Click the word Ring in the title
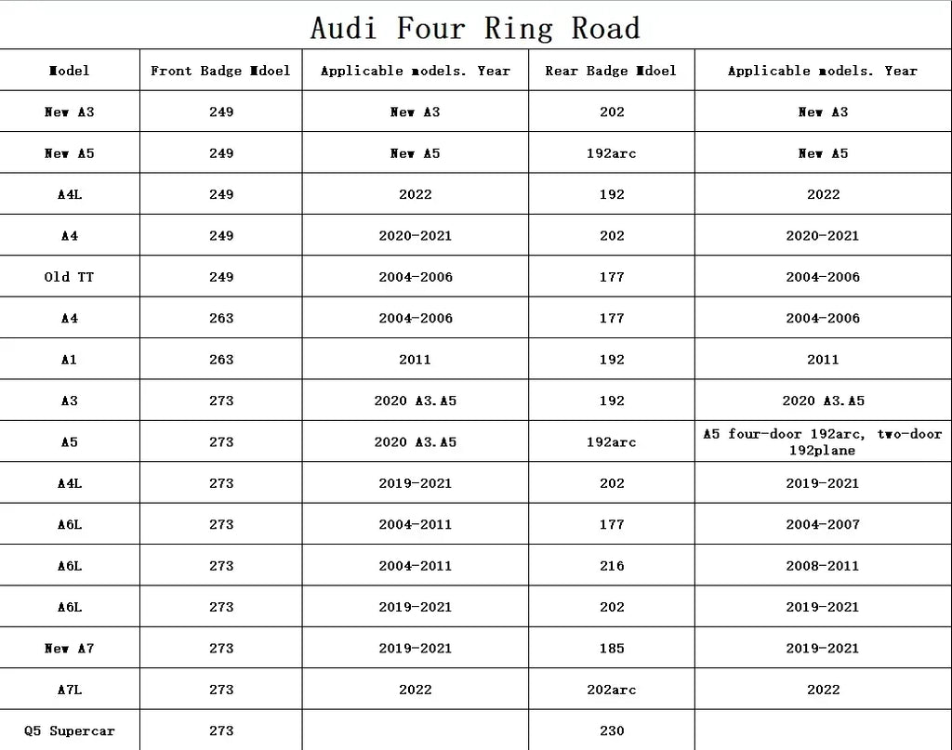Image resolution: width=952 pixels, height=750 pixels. [520, 28]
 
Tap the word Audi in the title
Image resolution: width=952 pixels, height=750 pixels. [343, 28]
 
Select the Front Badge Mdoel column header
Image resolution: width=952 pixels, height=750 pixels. [220, 71]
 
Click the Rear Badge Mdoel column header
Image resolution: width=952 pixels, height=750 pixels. [611, 71]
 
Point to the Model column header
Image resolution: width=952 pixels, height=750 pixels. [69, 71]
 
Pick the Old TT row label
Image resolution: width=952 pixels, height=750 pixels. [69, 277]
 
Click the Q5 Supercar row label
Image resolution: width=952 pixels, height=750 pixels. [69, 730]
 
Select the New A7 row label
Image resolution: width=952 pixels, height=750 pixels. [69, 648]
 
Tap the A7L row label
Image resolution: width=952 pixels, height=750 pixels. [69, 690]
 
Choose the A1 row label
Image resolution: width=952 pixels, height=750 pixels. [69, 360]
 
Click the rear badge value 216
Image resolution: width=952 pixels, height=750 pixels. [612, 566]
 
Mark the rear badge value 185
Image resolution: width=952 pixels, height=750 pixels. [612, 648]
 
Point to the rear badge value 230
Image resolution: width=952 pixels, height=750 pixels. [612, 730]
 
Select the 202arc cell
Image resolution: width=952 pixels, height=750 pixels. [612, 690]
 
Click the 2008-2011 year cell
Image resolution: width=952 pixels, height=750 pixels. [823, 566]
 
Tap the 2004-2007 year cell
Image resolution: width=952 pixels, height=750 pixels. [823, 524]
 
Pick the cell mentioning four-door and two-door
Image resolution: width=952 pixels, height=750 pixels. [823, 442]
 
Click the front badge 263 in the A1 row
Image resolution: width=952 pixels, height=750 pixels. [221, 360]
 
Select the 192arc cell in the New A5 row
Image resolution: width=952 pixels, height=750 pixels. [612, 153]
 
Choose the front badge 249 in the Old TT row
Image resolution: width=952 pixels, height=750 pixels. [221, 277]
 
